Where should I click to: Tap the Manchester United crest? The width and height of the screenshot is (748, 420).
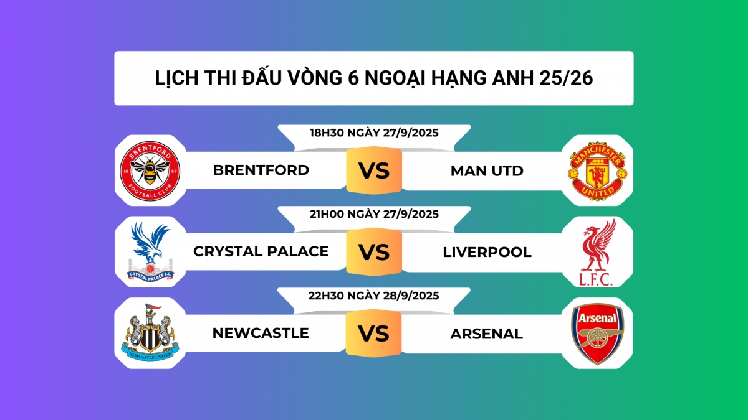point(597,170)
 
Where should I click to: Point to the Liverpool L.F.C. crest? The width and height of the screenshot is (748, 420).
point(597,252)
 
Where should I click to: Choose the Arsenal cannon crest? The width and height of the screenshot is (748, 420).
point(597,334)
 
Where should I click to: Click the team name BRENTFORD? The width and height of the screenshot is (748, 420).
point(261,170)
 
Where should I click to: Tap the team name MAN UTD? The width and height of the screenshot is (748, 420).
point(487,170)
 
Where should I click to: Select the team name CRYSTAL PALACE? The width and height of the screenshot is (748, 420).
point(261,251)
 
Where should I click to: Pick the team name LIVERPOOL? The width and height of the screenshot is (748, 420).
point(487,252)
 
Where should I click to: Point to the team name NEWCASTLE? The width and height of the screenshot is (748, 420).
point(261,333)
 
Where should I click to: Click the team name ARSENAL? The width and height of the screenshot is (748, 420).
point(487,334)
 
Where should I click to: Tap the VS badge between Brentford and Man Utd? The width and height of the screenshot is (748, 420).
point(374,170)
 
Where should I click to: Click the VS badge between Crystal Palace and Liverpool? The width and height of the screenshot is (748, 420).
point(374,252)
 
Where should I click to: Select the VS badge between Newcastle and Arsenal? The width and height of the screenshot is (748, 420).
point(374,334)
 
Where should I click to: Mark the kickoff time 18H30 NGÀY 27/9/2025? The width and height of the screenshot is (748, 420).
point(374,133)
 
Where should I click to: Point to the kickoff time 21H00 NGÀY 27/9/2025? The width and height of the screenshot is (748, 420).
point(374,214)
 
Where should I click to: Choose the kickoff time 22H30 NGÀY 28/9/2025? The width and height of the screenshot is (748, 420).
point(374,296)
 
